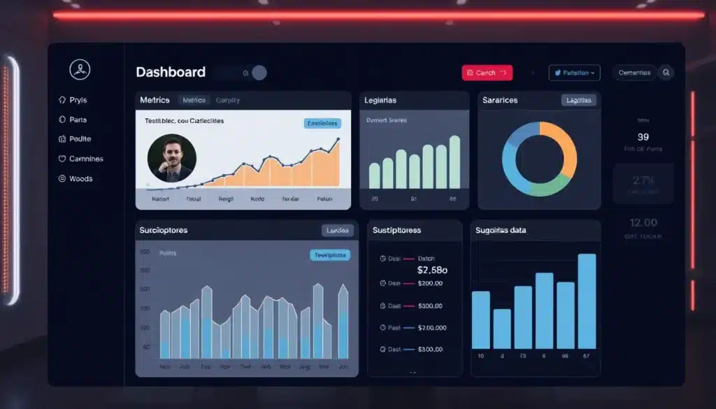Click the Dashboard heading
pos(171,72)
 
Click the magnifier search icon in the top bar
pos(666,72)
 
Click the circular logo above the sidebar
pos(80,69)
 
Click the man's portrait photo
pos(172,158)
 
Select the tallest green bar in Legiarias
pos(454,162)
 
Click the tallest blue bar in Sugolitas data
pos(587,301)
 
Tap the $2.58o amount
pos(432,270)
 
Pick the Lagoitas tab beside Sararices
pos(579,100)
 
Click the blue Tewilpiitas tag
pos(330,255)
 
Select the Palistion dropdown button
pos(574,73)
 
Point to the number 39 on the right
pos(643,137)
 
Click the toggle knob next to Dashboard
pos(259,73)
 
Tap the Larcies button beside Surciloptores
pos(338,230)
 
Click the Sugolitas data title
pos(501,230)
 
